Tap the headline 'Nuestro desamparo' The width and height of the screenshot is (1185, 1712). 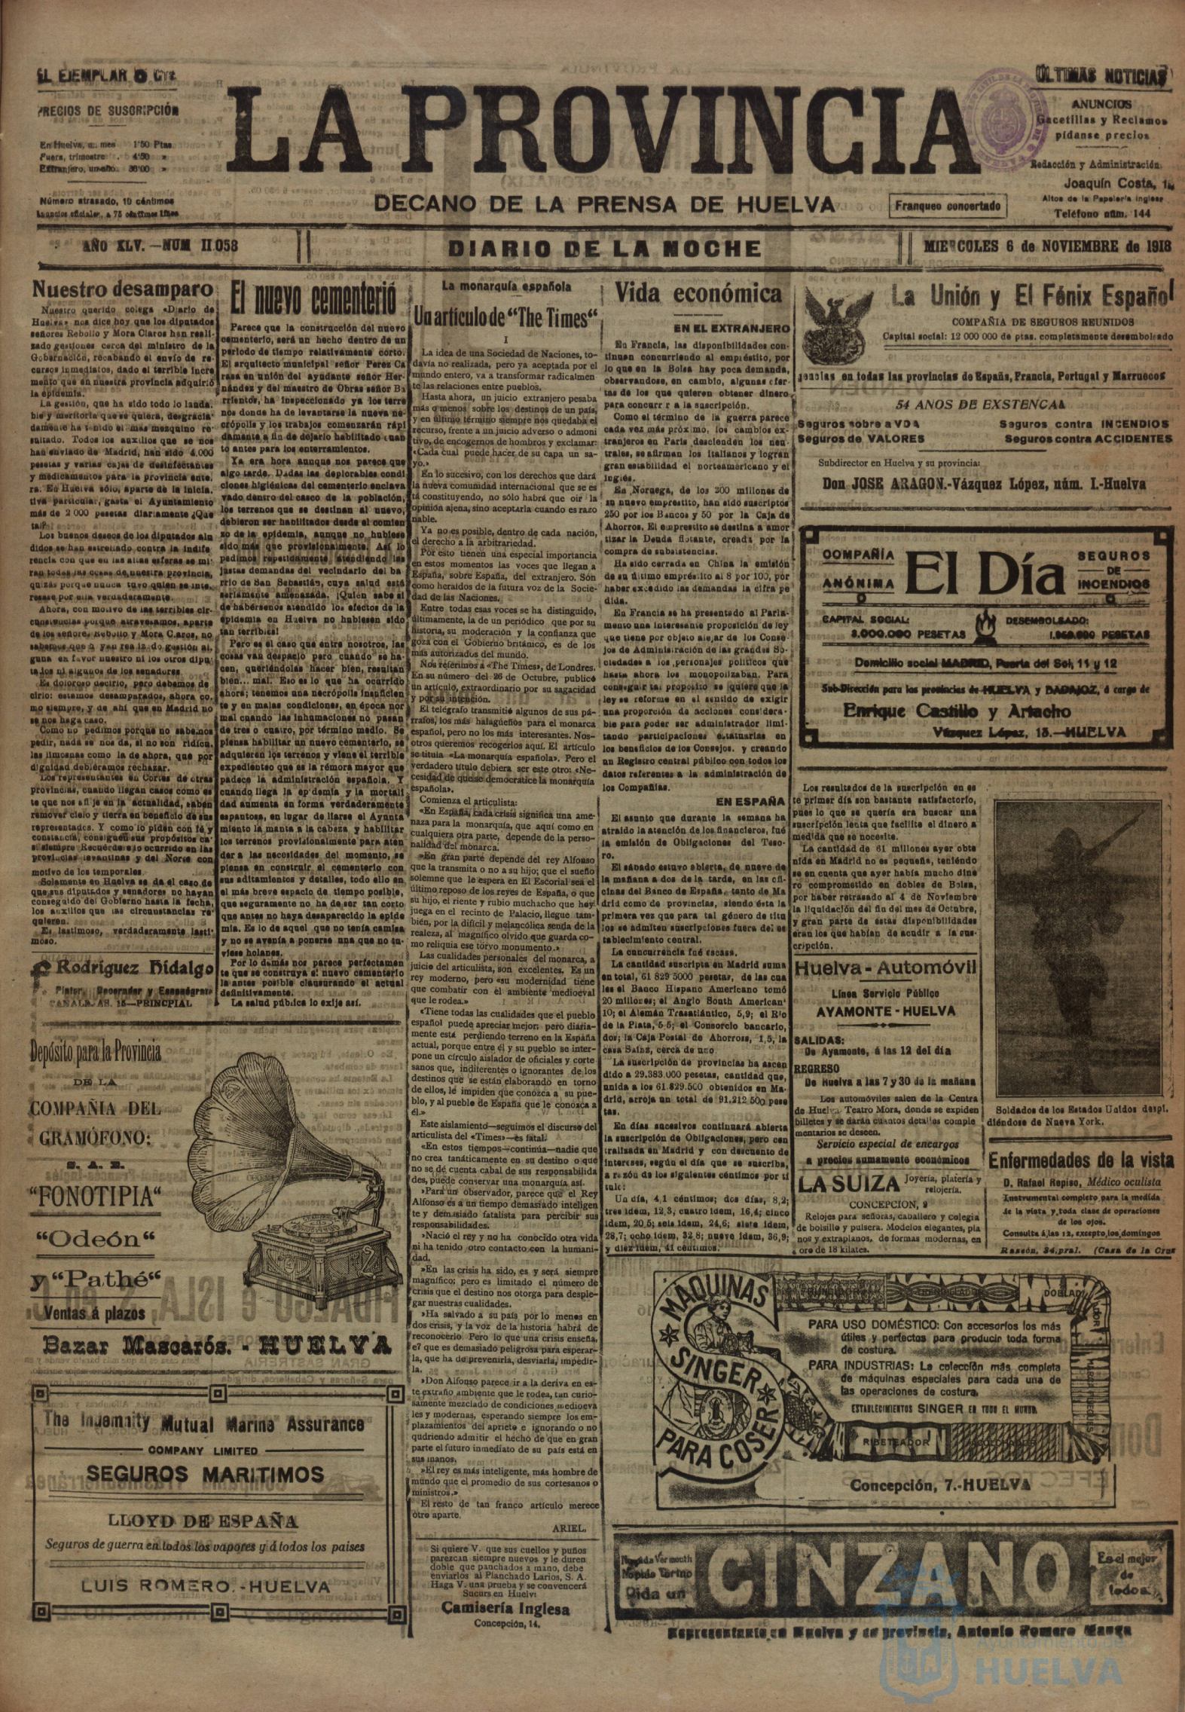pyautogui.click(x=118, y=290)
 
